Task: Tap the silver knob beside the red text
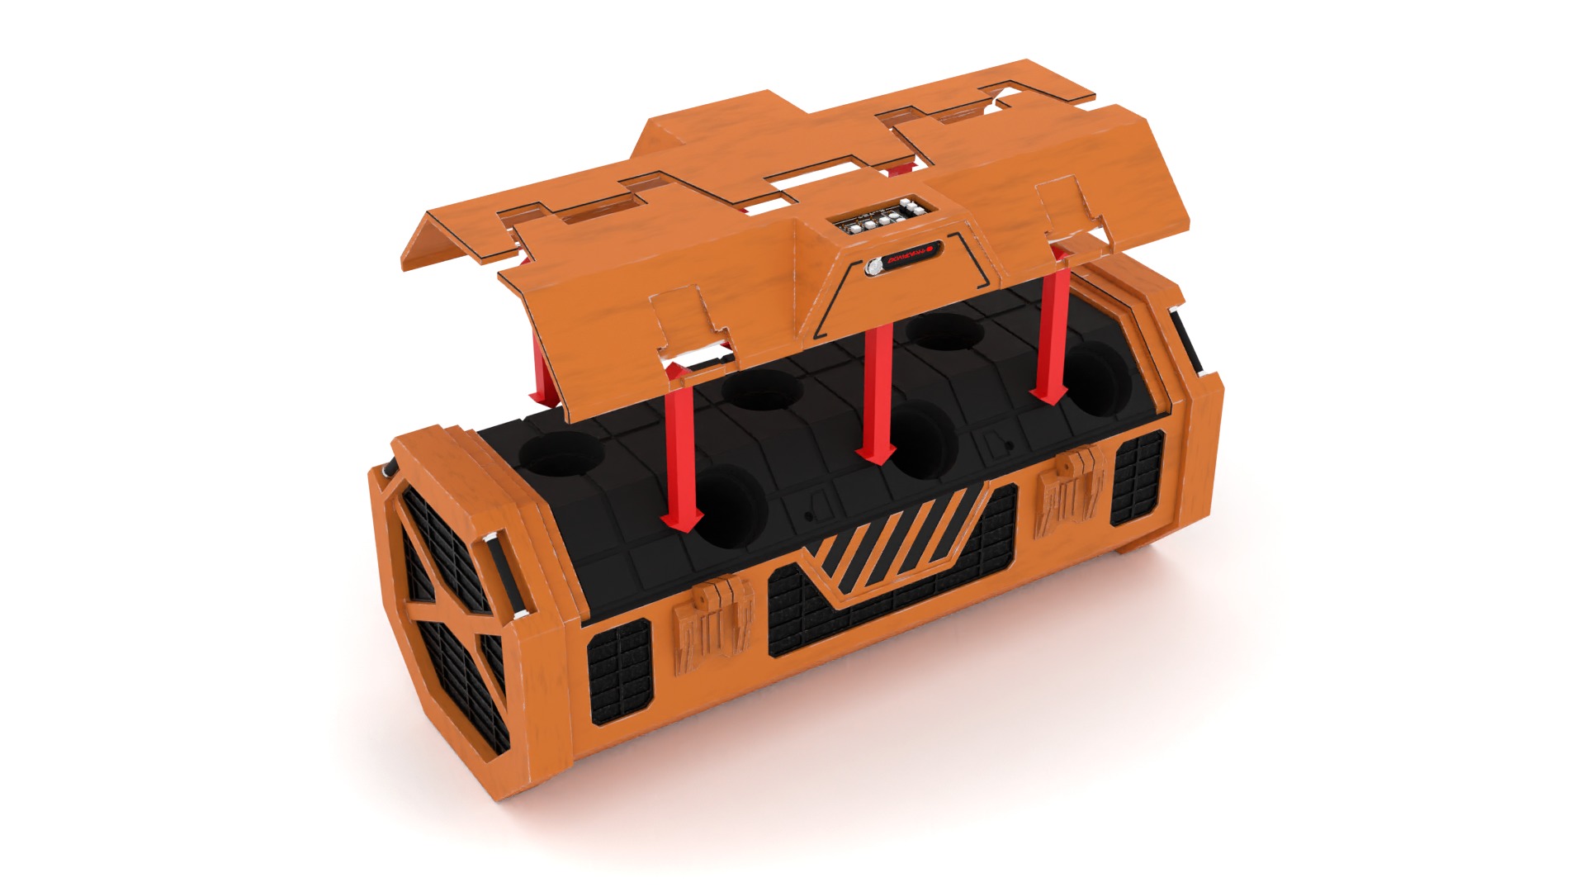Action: tap(873, 267)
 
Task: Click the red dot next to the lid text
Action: tap(930, 246)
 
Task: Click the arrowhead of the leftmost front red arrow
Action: tap(681, 521)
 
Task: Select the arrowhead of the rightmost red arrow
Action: tap(1049, 395)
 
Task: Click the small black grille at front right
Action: tap(1136, 480)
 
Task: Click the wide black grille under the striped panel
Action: tap(883, 611)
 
